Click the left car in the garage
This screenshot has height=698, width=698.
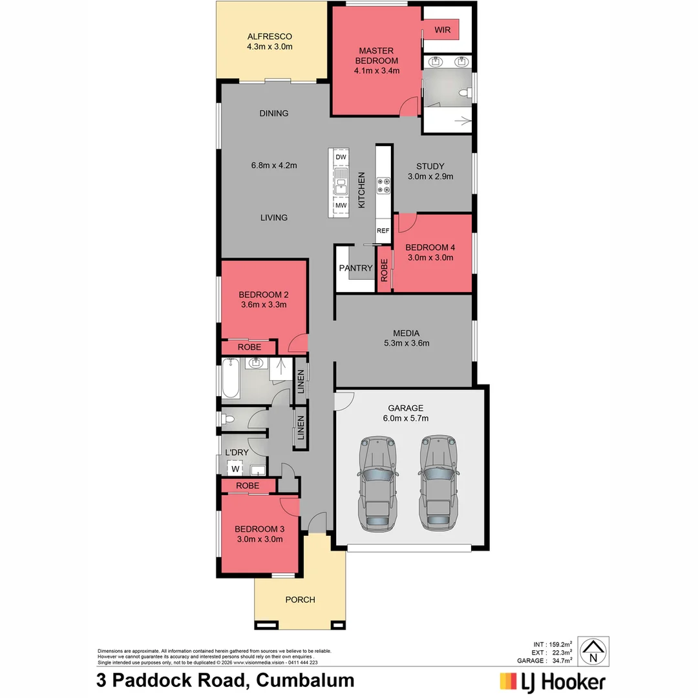pyautogui.click(x=377, y=483)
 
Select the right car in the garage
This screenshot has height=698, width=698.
pyautogui.click(x=439, y=483)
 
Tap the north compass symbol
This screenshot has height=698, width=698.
pyautogui.click(x=593, y=651)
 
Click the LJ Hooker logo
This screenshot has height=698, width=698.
pyautogui.click(x=553, y=681)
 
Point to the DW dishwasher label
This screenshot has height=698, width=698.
pyautogui.click(x=341, y=157)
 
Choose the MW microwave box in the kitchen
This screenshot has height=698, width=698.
pyautogui.click(x=341, y=206)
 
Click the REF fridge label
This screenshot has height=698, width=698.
pyautogui.click(x=383, y=231)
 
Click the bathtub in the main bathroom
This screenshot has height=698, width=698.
pyautogui.click(x=231, y=381)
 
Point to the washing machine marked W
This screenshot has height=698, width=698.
pyautogui.click(x=235, y=469)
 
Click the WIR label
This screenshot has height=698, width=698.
pyautogui.click(x=442, y=30)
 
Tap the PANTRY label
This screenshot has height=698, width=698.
pyautogui.click(x=355, y=268)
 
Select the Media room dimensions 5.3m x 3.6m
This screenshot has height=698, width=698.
pyautogui.click(x=406, y=343)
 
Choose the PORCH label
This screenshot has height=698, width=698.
pyautogui.click(x=300, y=600)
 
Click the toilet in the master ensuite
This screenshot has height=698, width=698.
pyautogui.click(x=465, y=94)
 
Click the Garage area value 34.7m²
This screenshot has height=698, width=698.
pyautogui.click(x=562, y=661)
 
